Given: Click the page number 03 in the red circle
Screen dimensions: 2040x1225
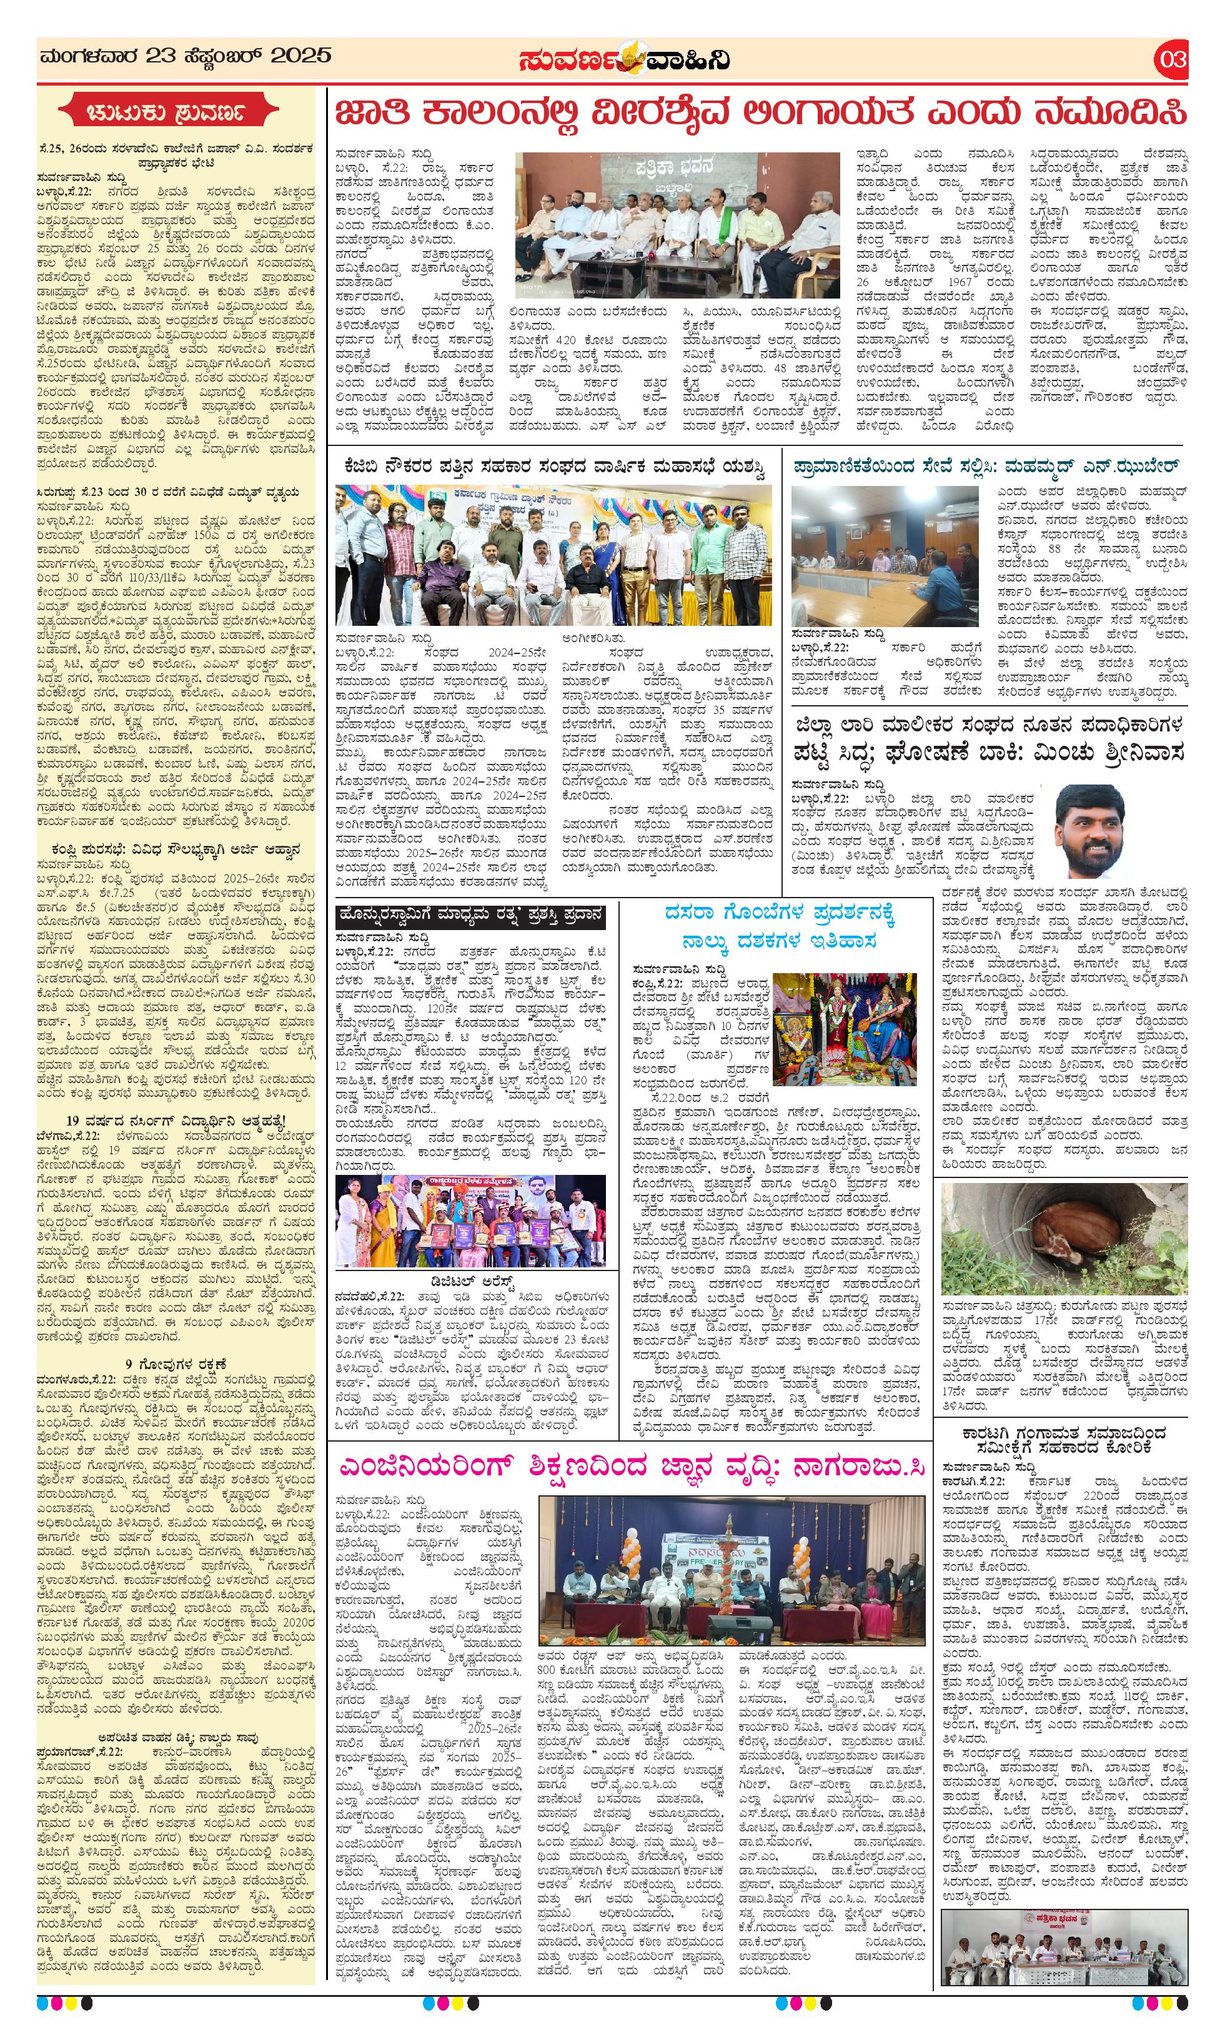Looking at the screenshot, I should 1172,59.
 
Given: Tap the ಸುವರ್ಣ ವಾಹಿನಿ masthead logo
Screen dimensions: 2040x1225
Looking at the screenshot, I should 624,60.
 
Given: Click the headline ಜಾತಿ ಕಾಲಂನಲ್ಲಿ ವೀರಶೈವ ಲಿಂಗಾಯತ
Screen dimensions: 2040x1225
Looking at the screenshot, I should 760,114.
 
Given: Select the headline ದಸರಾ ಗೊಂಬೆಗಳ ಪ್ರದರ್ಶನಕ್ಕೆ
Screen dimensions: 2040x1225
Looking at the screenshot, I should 780,914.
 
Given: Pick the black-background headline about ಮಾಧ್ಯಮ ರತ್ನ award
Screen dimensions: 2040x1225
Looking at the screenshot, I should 470,916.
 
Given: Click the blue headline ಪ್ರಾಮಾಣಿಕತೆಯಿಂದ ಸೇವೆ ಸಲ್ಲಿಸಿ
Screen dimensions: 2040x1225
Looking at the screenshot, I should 986,466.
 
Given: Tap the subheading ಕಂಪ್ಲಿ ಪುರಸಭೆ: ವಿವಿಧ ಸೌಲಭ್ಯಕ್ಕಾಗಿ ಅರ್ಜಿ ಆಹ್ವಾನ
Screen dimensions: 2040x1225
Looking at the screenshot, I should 176,849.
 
